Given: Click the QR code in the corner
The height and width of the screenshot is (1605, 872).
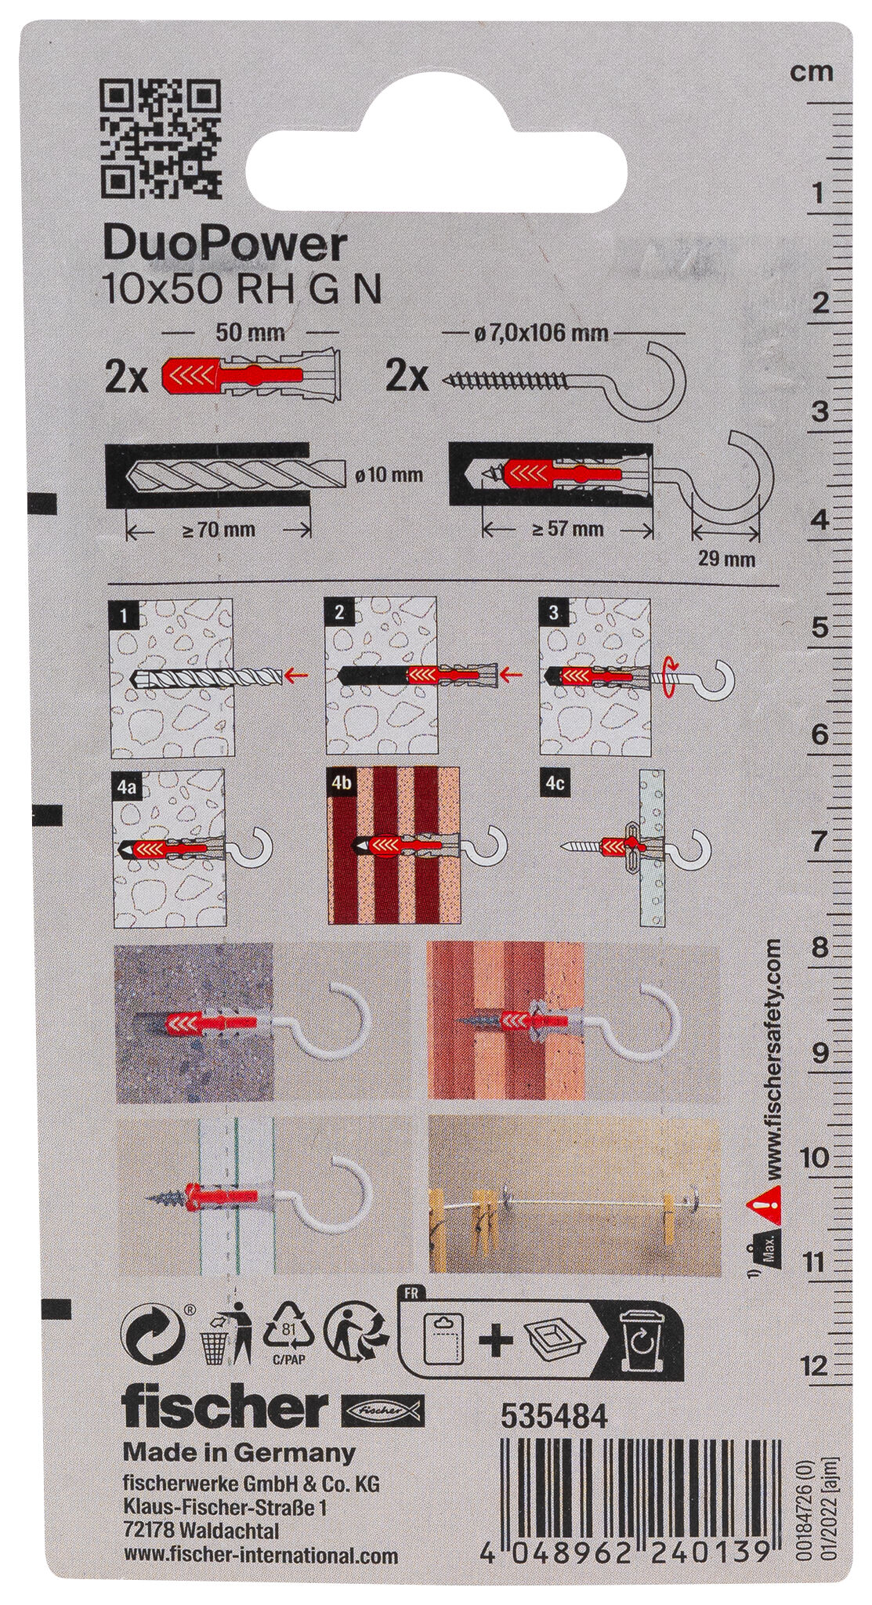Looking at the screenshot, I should coord(161,137).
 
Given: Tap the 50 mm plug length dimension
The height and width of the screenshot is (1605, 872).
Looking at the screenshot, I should coord(249,333).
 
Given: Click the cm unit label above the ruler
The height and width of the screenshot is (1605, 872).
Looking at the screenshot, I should coord(811,73).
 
